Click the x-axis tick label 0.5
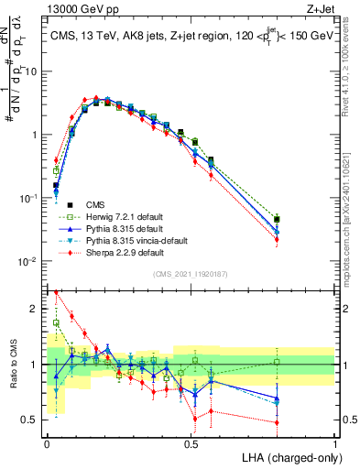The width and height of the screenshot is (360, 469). point(191,442)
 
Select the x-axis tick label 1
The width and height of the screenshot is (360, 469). point(335,442)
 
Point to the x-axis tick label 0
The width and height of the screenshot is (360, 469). point(47,442)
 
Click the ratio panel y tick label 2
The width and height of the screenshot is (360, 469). point(36,309)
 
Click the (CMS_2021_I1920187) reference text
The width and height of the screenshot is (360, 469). point(190,272)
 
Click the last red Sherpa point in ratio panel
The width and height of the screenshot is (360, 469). point(277,422)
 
